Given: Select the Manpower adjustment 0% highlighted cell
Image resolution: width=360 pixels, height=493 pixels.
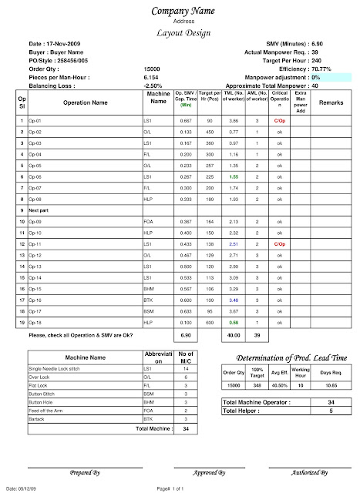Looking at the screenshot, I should click(324, 78).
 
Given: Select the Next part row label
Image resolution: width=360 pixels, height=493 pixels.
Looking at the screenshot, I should click(40, 210).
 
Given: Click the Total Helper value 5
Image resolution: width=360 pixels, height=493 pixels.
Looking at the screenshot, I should click(331, 411).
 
